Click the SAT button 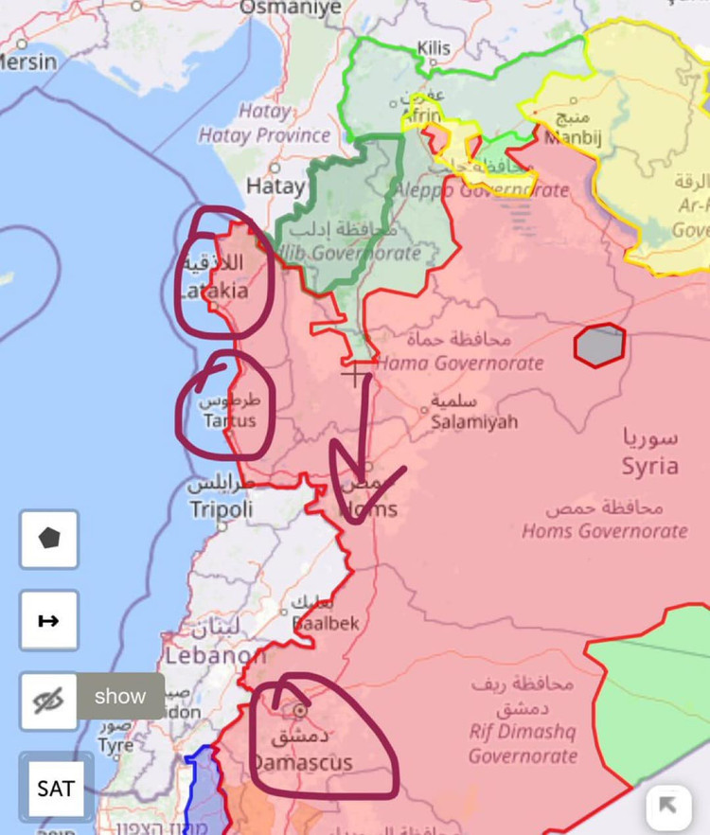(56, 788)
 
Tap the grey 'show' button (120, 696)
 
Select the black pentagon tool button (49, 538)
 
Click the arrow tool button (49, 621)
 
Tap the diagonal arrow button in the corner (668, 806)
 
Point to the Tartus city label (228, 420)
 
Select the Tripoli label (222, 509)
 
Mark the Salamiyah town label (474, 421)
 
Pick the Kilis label (434, 47)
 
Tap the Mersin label (27, 62)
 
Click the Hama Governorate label (461, 363)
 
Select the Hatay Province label (264, 135)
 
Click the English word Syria (650, 466)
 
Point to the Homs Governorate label (605, 530)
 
